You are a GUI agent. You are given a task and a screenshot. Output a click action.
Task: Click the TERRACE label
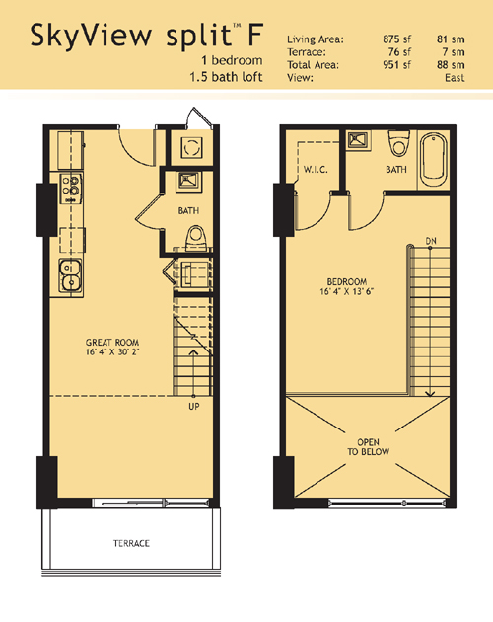[x=131, y=543]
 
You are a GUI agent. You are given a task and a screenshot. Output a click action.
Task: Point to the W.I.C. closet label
[x=316, y=170]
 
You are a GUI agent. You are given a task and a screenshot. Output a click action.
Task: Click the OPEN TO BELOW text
[x=368, y=446]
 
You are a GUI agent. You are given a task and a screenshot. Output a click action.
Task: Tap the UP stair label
[x=194, y=406]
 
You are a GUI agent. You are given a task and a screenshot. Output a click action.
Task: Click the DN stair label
[x=431, y=241]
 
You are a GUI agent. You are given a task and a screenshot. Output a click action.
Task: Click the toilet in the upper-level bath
[x=398, y=143]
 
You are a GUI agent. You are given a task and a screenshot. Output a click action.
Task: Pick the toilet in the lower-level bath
[x=196, y=238]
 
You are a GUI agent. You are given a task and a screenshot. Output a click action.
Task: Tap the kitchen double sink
[x=70, y=275]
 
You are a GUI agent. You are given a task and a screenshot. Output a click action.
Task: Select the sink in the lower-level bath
[x=188, y=181]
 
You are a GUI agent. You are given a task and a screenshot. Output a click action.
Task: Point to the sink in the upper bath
[x=359, y=139]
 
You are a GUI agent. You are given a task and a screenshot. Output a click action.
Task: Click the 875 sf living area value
[x=396, y=39]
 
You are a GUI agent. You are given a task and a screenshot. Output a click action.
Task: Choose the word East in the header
[x=455, y=77]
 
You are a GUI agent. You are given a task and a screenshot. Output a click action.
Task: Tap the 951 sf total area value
[x=396, y=64]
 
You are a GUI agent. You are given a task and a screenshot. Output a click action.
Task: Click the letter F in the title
[x=255, y=35]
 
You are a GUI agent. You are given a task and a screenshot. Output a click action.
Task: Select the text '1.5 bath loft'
[x=226, y=77]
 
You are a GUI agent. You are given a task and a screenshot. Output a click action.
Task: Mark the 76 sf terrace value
[x=399, y=52]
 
